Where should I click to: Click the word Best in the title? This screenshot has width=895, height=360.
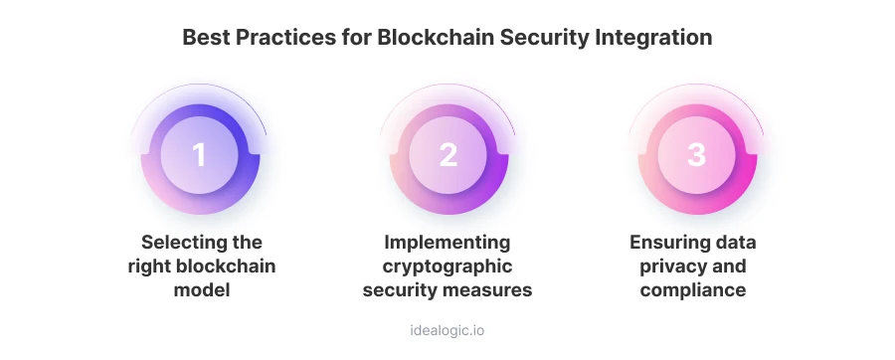point(204,38)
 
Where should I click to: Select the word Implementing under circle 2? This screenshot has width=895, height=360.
point(447,243)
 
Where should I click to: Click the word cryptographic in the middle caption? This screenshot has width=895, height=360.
point(447,267)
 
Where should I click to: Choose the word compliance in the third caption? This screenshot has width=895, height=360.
point(696,290)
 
